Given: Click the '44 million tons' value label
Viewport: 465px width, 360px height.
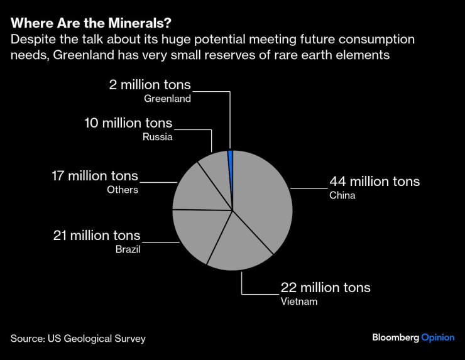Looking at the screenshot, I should pos(375,182).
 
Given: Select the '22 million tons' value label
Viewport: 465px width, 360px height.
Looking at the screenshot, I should pos(325,288).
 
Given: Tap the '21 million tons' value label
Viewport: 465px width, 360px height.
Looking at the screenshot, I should pos(96,236).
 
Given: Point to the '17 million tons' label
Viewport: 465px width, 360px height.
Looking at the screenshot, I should pos(94,176).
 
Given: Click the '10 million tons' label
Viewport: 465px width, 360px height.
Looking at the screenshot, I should pos(128,123).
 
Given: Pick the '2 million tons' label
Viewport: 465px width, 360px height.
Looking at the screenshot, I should pos(149,85).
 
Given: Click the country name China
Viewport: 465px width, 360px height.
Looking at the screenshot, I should pos(342,195).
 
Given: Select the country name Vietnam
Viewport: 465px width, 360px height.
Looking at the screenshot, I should pos(299,302).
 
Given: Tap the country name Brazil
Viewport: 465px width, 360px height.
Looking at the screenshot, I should pos(128,249).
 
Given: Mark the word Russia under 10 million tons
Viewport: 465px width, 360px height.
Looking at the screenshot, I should pos(157,136).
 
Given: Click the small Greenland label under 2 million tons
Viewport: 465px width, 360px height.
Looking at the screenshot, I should pos(167,99).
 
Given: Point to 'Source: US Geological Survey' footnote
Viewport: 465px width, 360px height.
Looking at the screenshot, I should pos(78,339).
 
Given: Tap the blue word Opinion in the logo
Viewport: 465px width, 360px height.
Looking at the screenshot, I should pos(437,337).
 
